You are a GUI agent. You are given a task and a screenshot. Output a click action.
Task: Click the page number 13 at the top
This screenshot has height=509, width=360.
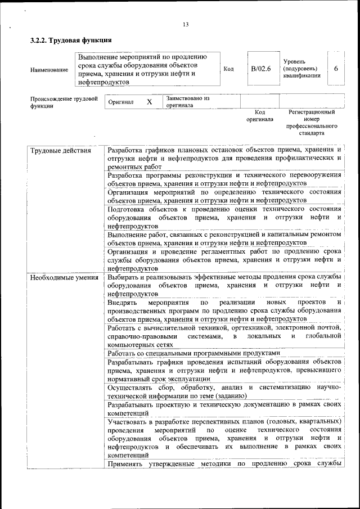[x=185, y=24]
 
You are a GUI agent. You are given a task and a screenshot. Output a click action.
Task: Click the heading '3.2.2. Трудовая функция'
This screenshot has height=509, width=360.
[x=71, y=40]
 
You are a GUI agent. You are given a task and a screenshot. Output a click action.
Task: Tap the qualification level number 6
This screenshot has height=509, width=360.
[x=335, y=69]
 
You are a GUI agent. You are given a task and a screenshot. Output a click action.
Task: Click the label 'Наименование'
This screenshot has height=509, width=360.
[x=47, y=70]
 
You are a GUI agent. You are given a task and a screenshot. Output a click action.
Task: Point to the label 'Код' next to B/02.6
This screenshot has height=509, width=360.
[x=228, y=69]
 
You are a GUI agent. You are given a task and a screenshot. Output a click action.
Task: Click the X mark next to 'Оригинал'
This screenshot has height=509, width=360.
[x=149, y=102]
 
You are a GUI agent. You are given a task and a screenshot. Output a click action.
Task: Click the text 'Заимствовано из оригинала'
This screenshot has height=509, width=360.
[x=187, y=101]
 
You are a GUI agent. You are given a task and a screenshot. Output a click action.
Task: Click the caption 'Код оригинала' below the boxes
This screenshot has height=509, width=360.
[x=259, y=116]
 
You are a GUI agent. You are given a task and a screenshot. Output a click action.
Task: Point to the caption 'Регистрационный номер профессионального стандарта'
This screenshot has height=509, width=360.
[x=312, y=123]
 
